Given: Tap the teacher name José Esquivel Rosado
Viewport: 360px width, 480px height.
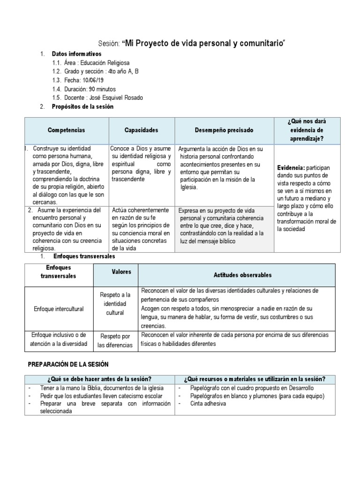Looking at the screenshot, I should click(x=118, y=97).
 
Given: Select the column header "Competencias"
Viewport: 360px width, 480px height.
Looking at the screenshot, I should click(x=67, y=130).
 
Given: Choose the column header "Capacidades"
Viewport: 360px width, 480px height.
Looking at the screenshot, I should click(x=141, y=130).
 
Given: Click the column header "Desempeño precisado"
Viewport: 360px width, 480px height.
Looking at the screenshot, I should click(x=224, y=130).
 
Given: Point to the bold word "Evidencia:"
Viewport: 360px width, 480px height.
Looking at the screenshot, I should click(x=291, y=167).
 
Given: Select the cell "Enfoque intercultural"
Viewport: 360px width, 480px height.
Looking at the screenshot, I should click(x=59, y=309).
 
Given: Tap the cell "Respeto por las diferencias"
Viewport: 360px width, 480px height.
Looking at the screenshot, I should click(x=115, y=341).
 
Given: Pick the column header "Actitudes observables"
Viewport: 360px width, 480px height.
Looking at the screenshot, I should click(x=236, y=275).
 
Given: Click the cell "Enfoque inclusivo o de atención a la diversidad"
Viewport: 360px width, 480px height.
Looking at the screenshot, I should click(x=59, y=340).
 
